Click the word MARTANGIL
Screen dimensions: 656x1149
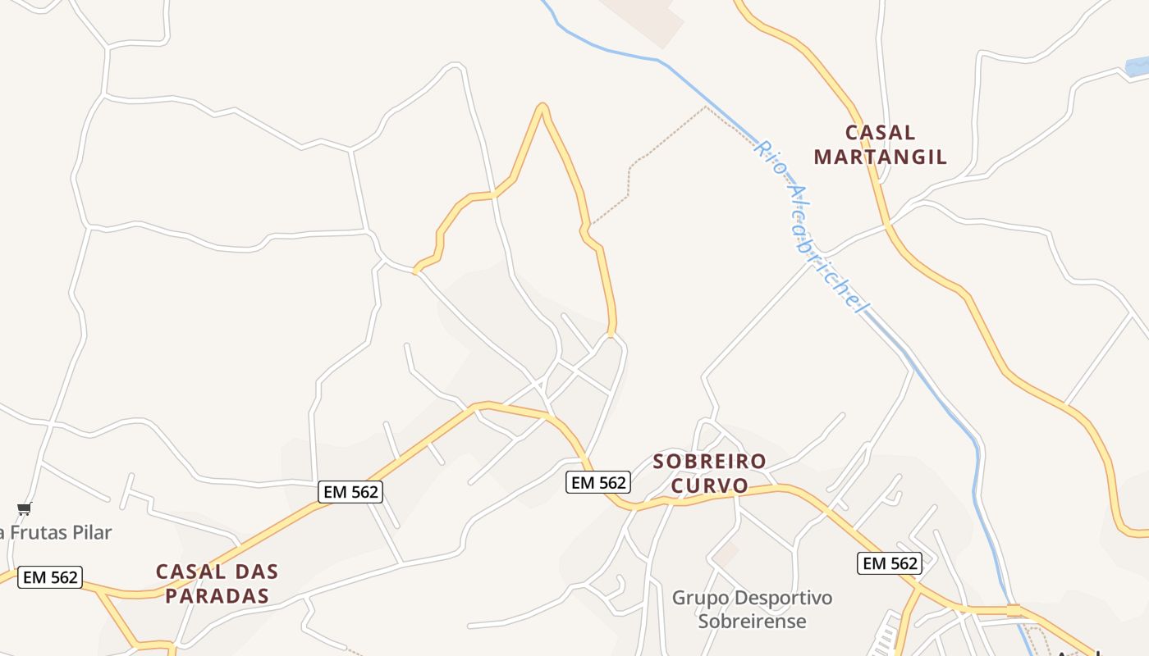tap(880, 157)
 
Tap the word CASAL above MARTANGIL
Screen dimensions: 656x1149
tap(880, 132)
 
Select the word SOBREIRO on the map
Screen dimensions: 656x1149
tap(709, 462)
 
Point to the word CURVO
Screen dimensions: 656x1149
tap(710, 485)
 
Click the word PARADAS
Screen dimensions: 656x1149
tap(217, 595)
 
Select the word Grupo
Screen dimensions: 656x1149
tap(700, 598)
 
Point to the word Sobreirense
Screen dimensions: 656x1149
tap(752, 621)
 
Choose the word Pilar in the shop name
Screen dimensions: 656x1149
tap(89, 532)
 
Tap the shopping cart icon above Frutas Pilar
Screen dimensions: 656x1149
tap(24, 508)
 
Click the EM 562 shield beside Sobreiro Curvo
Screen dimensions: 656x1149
tap(598, 482)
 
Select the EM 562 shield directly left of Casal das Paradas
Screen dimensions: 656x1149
tap(50, 577)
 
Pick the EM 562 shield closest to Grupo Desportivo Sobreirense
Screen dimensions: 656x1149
tap(890, 563)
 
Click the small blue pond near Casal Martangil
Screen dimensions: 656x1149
tap(1137, 66)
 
